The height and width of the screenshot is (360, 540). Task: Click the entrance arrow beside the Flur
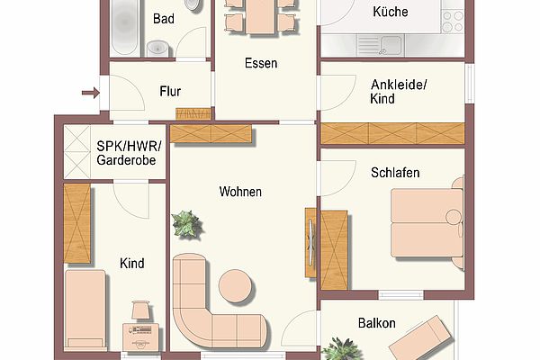pos(91,93)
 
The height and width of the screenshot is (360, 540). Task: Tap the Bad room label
pos(164,19)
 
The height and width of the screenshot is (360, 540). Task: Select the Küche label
pos(391,12)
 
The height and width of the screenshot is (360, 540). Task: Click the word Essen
pos(261,63)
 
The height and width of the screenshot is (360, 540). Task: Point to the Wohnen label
pos(240,192)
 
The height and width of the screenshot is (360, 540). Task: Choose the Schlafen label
pos(395,173)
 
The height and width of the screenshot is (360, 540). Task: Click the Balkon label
pos(377,323)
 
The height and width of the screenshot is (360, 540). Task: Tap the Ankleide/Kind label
pos(398,92)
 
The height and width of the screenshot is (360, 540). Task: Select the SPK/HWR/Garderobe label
pos(129,153)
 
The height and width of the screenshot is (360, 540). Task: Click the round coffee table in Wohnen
pos(236,286)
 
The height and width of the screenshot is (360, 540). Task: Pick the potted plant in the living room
pos(186,224)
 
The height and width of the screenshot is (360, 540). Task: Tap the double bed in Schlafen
pos(427,222)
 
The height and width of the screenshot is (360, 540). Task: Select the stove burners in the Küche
pos(453,22)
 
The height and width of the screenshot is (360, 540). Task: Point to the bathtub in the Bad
pos(125,27)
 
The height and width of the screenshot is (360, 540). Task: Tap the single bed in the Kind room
pos(85,310)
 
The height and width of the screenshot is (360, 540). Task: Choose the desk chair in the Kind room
pos(141,310)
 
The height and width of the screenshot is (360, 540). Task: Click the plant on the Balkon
pos(342,350)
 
